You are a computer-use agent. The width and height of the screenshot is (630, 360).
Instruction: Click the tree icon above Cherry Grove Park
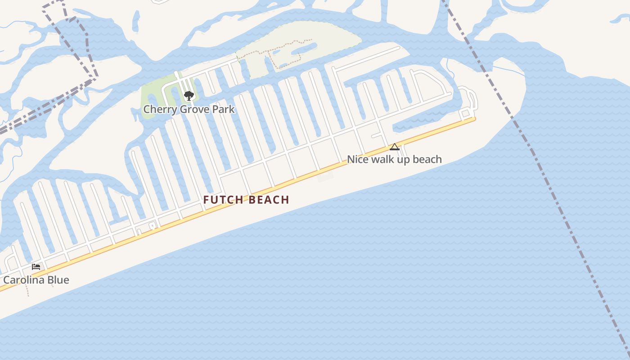pyautogui.click(x=189, y=95)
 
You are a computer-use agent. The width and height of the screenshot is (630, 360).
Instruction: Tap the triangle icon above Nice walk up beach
pyautogui.click(x=395, y=147)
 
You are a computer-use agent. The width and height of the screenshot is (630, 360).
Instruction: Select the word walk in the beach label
pyautogui.click(x=381, y=159)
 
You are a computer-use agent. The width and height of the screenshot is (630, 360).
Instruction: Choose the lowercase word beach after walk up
pyautogui.click(x=427, y=159)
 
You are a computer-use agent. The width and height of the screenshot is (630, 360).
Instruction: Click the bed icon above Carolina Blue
pyautogui.click(x=36, y=267)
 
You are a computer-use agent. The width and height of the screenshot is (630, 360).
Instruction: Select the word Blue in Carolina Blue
pyautogui.click(x=59, y=280)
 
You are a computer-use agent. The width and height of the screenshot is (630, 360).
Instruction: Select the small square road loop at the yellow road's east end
pyautogui.click(x=466, y=113)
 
